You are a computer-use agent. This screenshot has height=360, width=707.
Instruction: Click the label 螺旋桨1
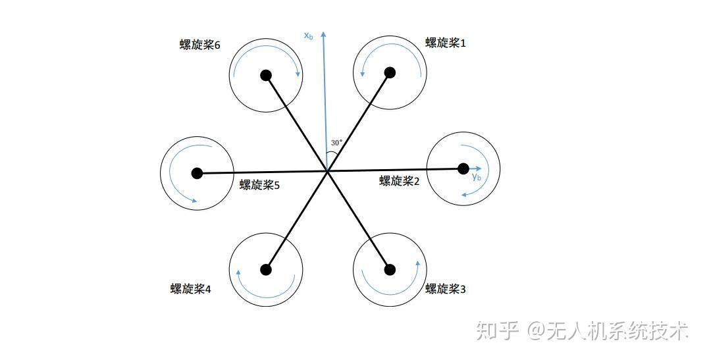click(x=446, y=43)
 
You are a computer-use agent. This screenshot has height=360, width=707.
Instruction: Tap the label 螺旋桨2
click(x=400, y=181)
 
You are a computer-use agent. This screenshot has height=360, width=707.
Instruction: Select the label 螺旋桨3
click(x=446, y=288)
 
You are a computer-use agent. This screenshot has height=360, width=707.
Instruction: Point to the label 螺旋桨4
click(x=190, y=289)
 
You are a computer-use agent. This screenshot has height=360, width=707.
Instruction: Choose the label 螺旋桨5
click(x=259, y=186)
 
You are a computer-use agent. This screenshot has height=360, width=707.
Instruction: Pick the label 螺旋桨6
click(x=199, y=45)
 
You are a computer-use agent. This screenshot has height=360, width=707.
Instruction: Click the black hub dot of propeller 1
click(x=390, y=72)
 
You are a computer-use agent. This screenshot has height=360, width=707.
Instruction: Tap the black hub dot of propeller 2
click(x=463, y=169)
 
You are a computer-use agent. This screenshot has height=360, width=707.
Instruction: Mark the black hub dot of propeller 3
click(x=390, y=269)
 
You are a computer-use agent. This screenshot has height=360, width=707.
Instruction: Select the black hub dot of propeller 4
click(x=266, y=269)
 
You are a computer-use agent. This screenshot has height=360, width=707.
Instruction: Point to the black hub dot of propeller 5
click(x=197, y=173)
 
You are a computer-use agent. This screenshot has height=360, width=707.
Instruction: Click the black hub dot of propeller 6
click(x=266, y=75)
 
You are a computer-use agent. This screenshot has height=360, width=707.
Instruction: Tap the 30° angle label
click(x=336, y=142)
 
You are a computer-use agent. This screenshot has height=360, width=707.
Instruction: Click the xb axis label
click(x=308, y=36)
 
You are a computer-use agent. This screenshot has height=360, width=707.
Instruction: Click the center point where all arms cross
click(x=327, y=172)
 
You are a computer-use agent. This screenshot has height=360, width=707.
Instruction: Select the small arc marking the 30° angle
click(x=331, y=155)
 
